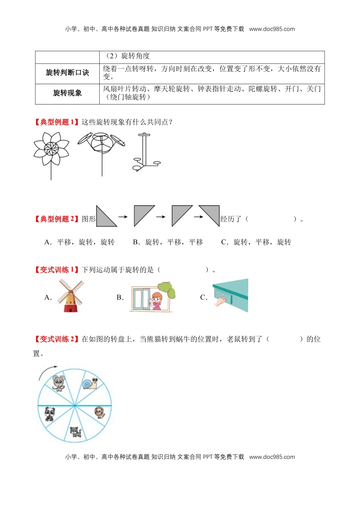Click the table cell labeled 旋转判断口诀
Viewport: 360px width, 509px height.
[67, 73]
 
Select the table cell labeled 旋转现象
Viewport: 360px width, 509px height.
[67, 93]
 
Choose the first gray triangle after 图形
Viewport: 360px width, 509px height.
[106, 216]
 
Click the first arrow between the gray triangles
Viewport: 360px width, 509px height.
[123, 217]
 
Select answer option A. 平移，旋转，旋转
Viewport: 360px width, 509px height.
[80, 242]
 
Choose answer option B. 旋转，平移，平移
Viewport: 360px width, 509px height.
[168, 242]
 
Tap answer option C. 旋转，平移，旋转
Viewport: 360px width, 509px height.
[256, 242]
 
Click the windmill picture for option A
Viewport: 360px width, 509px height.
[70, 296]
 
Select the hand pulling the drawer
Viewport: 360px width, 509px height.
[221, 301]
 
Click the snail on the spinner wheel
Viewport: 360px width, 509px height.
[90, 384]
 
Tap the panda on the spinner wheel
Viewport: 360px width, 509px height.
[50, 414]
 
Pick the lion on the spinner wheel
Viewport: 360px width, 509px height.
[99, 412]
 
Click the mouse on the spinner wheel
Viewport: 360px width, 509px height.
[58, 383]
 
